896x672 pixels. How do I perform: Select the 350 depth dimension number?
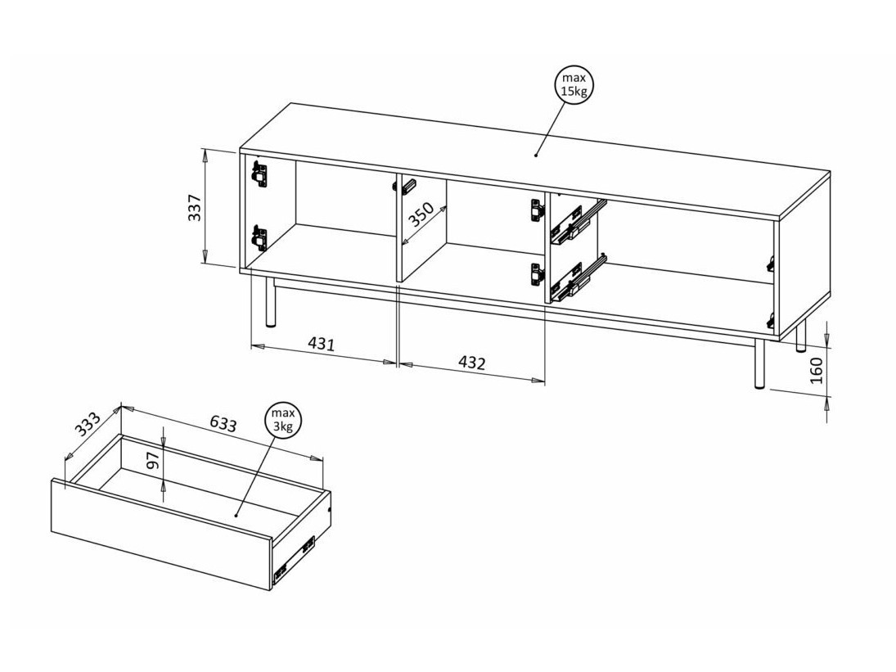click(421, 214)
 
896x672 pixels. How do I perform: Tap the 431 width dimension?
click(321, 344)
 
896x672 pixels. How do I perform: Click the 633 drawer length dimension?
click(223, 423)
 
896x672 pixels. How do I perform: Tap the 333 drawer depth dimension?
click(87, 424)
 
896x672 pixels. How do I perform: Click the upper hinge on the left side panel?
click(259, 174)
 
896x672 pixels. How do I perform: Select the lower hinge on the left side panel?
click(259, 238)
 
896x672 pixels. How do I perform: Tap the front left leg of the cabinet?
click(269, 300)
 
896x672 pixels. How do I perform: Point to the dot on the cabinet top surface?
click(537, 154)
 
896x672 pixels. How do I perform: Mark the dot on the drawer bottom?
click(236, 515)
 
